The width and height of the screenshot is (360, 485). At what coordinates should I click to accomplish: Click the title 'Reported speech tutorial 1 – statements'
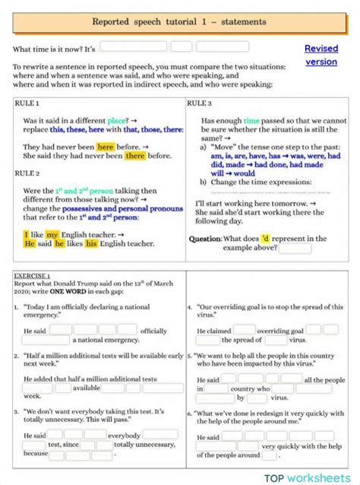tap(179, 23)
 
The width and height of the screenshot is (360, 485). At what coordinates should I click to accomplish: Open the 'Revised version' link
tap(321, 55)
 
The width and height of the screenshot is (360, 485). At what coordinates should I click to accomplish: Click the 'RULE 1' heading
tap(27, 103)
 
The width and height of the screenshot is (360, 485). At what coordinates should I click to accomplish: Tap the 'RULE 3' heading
tap(200, 103)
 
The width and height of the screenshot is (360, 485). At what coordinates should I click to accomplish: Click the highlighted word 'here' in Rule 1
tap(106, 147)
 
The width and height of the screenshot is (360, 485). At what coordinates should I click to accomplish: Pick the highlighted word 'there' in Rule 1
tap(135, 156)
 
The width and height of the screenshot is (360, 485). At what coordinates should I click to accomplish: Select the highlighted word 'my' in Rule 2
tap(52, 235)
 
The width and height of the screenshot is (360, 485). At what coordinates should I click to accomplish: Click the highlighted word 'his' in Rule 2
tap(91, 244)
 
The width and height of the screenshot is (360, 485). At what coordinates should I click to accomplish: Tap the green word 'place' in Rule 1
tap(117, 120)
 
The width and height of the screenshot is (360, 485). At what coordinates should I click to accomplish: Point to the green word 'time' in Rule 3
tap(251, 120)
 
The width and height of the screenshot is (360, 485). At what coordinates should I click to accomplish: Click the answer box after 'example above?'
tap(295, 249)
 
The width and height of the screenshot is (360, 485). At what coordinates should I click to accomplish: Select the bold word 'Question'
tap(204, 239)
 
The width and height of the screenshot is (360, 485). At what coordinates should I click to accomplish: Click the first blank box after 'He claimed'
tap(243, 331)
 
